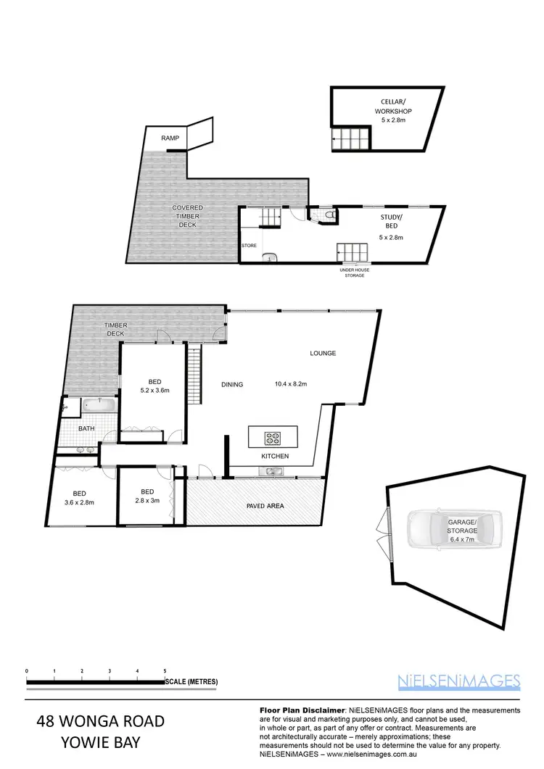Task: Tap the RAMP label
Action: [x=160, y=137]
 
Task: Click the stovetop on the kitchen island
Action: [x=273, y=438]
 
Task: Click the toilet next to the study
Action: [x=331, y=216]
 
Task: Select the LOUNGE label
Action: [x=323, y=354]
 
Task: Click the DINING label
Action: [x=232, y=384]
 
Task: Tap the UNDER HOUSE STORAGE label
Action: [x=355, y=273]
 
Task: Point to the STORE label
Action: [x=249, y=246]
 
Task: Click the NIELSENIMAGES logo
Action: [x=459, y=681]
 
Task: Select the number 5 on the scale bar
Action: [x=165, y=672]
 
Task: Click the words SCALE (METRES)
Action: [x=191, y=682]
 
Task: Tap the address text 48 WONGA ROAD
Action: [x=101, y=722]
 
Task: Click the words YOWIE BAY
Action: [x=101, y=743]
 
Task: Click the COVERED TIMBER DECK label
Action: [x=187, y=216]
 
